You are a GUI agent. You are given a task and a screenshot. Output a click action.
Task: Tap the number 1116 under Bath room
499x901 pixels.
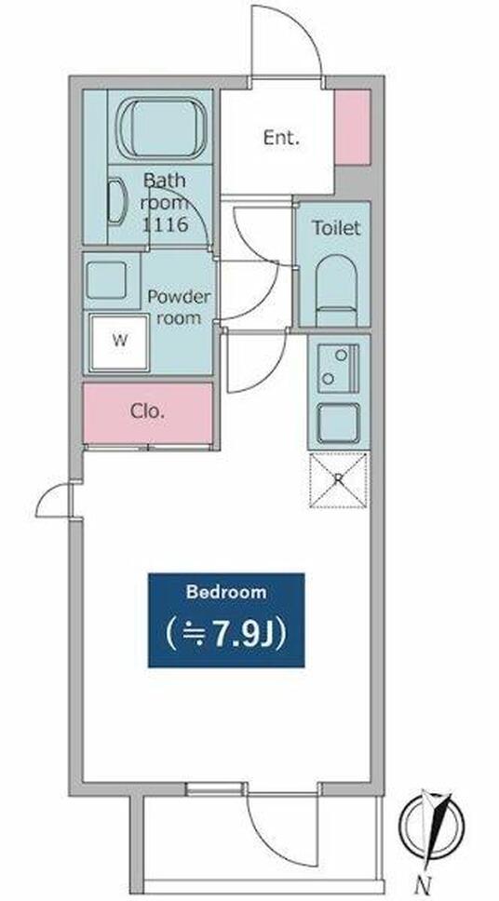(165, 224)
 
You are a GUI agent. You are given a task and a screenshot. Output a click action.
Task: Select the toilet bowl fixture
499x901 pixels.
(337, 290)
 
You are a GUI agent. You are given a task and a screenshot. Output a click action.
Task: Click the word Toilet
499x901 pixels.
(336, 228)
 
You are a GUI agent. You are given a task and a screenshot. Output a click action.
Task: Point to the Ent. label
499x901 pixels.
(282, 138)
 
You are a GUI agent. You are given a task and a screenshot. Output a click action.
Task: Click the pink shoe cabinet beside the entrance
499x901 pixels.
(353, 128)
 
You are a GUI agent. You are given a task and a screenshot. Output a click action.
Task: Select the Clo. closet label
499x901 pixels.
(148, 411)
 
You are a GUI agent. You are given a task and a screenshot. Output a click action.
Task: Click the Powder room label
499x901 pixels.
(179, 307)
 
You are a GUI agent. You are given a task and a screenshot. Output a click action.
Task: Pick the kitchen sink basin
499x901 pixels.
(339, 423)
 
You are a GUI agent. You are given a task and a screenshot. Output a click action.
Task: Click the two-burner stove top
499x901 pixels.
(339, 368)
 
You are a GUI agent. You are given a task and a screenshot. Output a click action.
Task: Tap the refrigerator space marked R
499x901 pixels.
(339, 480)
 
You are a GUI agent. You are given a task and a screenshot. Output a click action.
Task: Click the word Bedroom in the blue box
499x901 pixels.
(226, 591)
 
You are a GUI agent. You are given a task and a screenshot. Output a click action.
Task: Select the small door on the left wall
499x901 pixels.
(55, 500)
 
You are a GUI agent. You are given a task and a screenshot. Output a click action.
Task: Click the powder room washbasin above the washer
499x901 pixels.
(107, 280)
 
